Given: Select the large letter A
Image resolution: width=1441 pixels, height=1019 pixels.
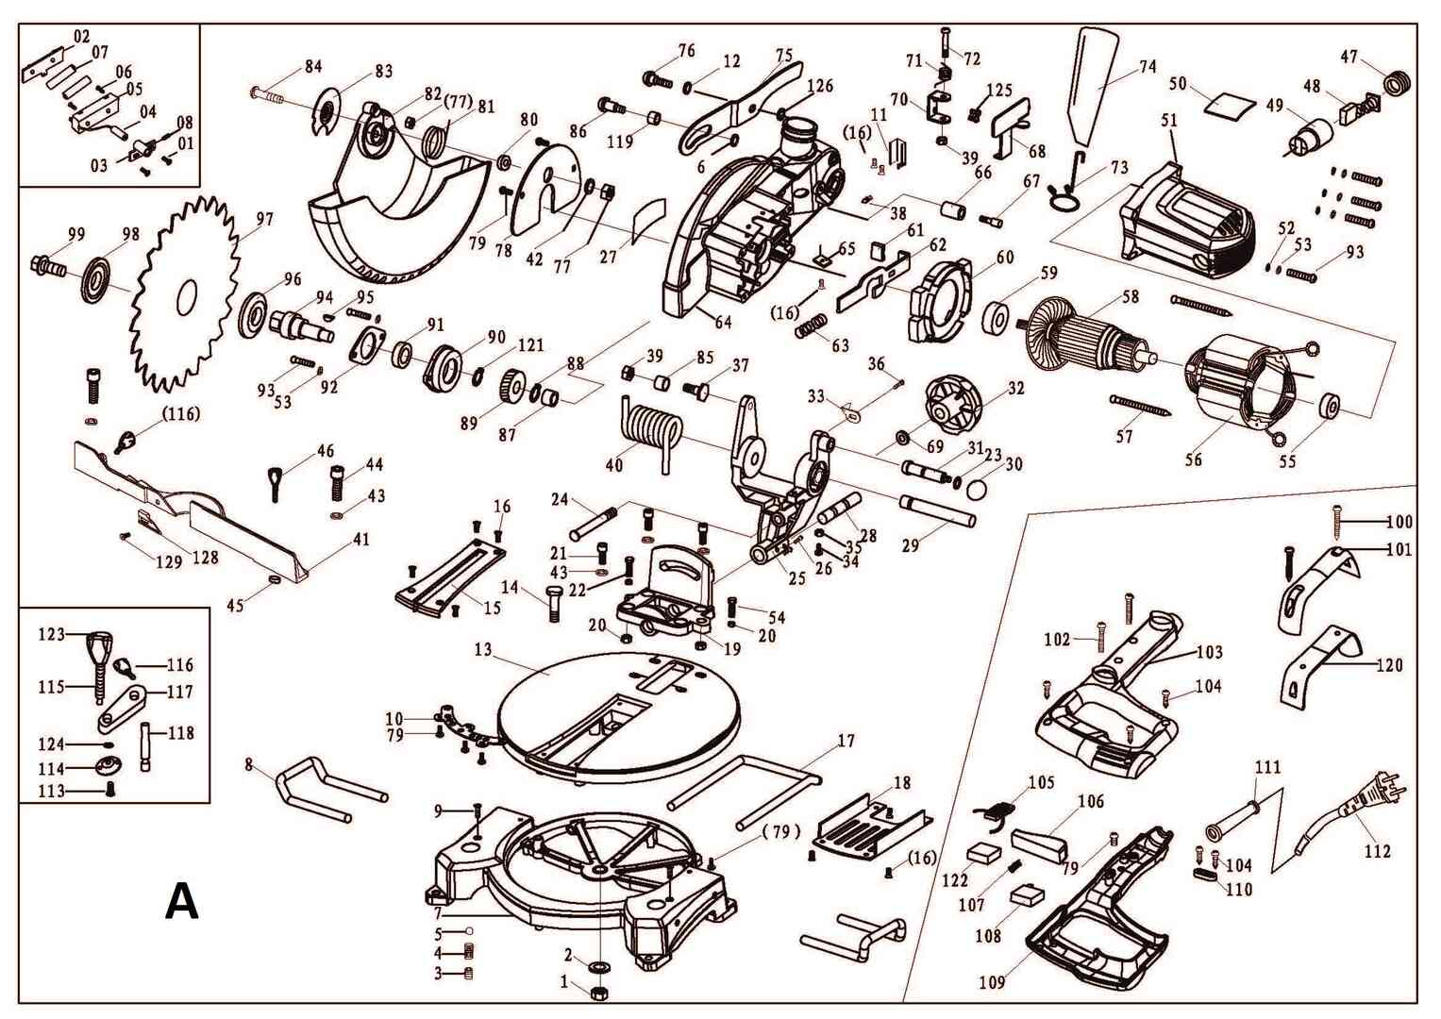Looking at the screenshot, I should (x=181, y=902).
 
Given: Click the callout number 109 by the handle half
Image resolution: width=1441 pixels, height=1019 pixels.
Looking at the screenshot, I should (x=992, y=983).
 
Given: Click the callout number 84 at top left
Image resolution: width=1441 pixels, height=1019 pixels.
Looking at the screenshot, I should (x=312, y=66).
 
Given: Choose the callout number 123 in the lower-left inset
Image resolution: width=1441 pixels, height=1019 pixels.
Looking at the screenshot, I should (x=51, y=634).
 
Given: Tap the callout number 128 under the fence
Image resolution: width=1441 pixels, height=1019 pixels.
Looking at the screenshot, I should (x=205, y=558).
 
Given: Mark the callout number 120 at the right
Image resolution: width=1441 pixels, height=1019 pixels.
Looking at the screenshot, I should (x=1389, y=665).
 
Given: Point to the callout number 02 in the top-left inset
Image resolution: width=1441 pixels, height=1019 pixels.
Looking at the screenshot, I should (x=81, y=36).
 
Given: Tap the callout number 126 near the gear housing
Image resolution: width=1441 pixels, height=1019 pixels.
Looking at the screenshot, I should (x=820, y=86).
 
